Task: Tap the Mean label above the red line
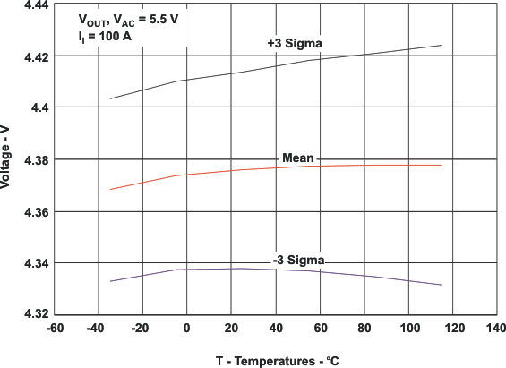[297, 158]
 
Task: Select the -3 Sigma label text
[298, 260]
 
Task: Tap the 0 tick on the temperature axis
[186, 329]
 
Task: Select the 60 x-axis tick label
[320, 329]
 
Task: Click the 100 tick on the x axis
[408, 329]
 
